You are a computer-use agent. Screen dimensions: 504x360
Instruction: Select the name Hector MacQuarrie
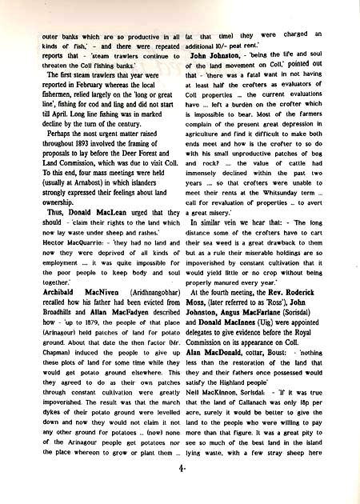coord(56,220)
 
